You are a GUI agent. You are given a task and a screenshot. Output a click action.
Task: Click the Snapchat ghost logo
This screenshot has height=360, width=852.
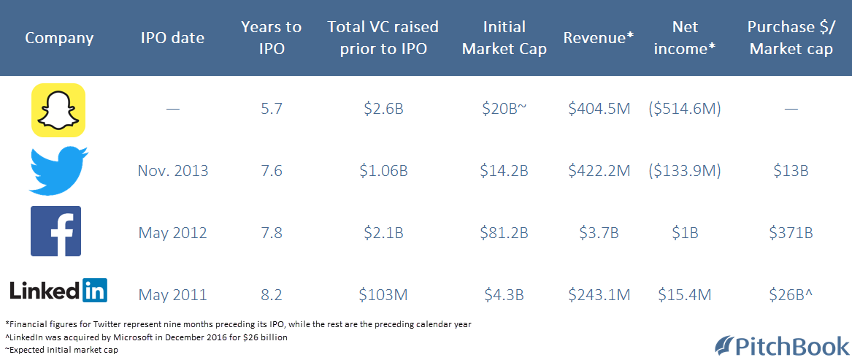58,110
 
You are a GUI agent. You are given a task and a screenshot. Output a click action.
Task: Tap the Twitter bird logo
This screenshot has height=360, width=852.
58,170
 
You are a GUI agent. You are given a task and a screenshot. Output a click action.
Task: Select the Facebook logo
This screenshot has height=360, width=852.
55,231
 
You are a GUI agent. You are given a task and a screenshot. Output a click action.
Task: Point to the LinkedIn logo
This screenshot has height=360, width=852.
58,290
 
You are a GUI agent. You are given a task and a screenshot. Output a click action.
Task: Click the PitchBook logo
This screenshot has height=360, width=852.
781,345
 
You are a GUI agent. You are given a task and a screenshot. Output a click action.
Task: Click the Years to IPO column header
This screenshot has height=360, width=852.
271,38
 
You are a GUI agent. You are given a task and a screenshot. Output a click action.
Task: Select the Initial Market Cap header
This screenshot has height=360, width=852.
504,38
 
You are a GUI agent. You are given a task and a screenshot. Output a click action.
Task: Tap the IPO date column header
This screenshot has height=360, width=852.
172,38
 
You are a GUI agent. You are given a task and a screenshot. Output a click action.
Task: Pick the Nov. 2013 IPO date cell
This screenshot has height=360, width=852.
173,171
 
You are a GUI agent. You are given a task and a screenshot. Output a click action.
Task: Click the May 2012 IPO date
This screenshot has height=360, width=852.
173,233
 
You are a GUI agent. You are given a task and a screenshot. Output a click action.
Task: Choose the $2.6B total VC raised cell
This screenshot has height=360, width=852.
383,110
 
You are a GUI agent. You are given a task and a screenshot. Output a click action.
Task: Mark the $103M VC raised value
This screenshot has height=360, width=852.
383,295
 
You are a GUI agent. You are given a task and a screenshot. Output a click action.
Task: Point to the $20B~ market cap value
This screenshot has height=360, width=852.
504,110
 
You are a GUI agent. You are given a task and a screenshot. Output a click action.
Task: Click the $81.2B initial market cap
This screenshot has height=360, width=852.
504,233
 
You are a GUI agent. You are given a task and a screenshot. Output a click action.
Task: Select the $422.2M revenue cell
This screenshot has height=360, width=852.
599,171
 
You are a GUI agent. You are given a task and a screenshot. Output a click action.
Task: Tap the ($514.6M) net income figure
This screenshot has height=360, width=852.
685,110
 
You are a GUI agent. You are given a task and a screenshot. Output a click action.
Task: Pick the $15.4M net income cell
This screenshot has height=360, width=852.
685,295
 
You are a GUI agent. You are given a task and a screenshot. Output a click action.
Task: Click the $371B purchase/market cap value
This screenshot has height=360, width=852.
791,233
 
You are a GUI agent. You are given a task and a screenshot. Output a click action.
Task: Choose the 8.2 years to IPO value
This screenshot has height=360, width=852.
271,295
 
